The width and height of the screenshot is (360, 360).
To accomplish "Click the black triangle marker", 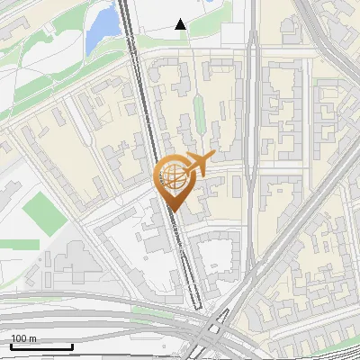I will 181,24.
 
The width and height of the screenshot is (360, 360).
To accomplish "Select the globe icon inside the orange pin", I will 172,177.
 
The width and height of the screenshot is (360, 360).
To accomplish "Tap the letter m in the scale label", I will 33,338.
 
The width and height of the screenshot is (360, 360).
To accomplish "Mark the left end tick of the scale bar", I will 11,346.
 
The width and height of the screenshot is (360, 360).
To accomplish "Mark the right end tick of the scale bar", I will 72,346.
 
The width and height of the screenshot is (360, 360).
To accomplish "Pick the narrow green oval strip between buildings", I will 199,112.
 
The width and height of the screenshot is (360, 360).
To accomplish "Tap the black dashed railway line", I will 144,108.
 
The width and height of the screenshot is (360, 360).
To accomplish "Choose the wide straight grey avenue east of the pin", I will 253,135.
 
